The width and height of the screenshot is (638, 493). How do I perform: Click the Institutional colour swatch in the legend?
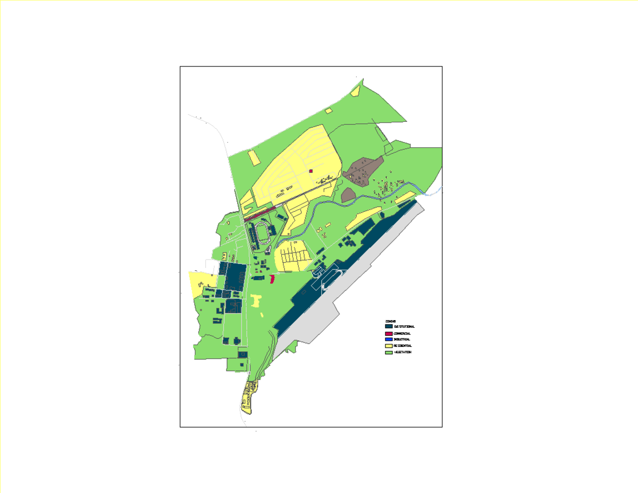(389, 326)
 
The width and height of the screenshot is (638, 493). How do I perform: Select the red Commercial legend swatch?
(389, 333)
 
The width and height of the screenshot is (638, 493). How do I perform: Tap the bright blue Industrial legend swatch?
(389, 339)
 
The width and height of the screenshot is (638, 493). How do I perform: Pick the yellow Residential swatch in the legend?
(389, 346)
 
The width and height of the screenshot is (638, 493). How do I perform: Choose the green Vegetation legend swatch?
(389, 352)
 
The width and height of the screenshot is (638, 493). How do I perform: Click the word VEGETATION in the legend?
(402, 352)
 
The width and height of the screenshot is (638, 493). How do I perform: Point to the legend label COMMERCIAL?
(402, 333)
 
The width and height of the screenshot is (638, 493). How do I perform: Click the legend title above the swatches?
(390, 321)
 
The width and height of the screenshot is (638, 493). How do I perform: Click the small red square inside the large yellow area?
(310, 171)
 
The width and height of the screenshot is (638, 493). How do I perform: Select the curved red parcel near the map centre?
(272, 279)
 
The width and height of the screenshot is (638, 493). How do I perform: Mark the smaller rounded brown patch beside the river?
(348, 195)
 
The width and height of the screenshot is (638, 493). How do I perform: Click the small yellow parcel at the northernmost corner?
(356, 91)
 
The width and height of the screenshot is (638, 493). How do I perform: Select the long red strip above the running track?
(259, 214)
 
